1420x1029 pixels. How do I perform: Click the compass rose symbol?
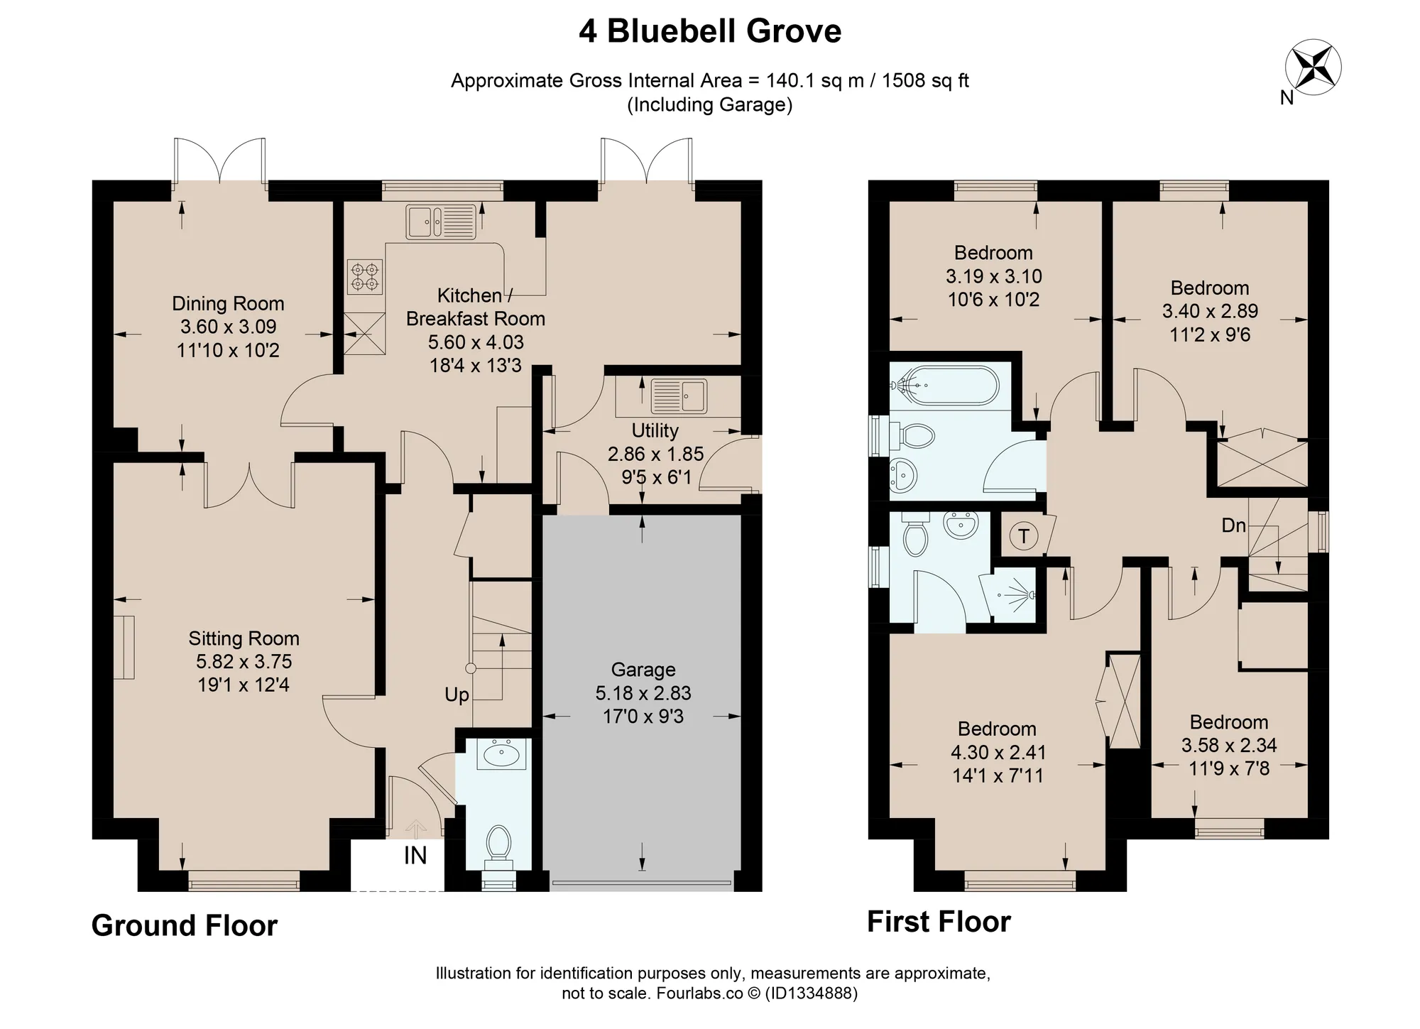1313,67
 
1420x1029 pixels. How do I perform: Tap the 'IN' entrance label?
415,856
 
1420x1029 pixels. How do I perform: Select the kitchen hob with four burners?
365,277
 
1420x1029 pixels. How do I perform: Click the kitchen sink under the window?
440,222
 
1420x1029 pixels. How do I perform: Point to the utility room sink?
679,396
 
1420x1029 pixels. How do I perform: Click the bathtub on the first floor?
945,386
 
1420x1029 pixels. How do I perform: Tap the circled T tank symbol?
1024,536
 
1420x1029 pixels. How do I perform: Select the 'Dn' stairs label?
1233,526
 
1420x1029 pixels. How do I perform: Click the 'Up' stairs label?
457,695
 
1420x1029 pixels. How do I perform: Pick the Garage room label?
643,670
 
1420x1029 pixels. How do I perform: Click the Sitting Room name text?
244,638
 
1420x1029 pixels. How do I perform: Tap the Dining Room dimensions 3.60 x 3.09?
228,327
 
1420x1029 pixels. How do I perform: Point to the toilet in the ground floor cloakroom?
499,846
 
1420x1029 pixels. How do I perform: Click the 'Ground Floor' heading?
185,926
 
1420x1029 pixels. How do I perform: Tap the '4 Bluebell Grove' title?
710,31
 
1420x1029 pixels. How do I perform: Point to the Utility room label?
655,430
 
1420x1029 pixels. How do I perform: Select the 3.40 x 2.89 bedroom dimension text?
1210,311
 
